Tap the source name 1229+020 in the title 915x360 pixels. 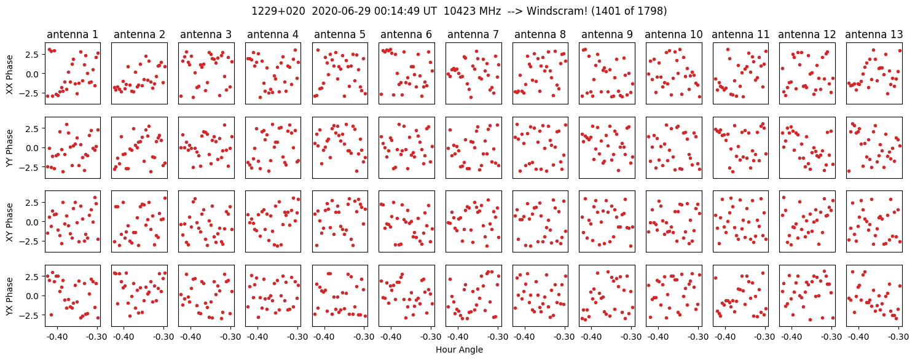tap(278, 11)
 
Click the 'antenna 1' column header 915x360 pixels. tap(73, 34)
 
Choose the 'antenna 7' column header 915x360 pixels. tap(473, 34)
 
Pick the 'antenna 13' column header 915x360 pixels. tap(874, 34)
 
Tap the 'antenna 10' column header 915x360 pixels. tap(674, 34)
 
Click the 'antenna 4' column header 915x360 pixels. tap(273, 34)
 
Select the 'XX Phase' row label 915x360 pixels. tap(9, 74)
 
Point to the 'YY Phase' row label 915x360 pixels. tap(9, 148)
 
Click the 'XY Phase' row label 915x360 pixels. tap(9, 222)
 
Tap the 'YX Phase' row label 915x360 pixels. tap(9, 296)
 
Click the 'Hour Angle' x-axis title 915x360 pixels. tap(459, 350)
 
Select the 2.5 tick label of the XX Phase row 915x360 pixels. tap(34, 54)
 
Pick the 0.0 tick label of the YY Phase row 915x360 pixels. tap(34, 148)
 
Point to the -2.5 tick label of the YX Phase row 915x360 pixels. tap(32, 316)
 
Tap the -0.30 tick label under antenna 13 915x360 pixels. tap(898, 337)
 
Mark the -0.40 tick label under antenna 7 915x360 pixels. tap(457, 337)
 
